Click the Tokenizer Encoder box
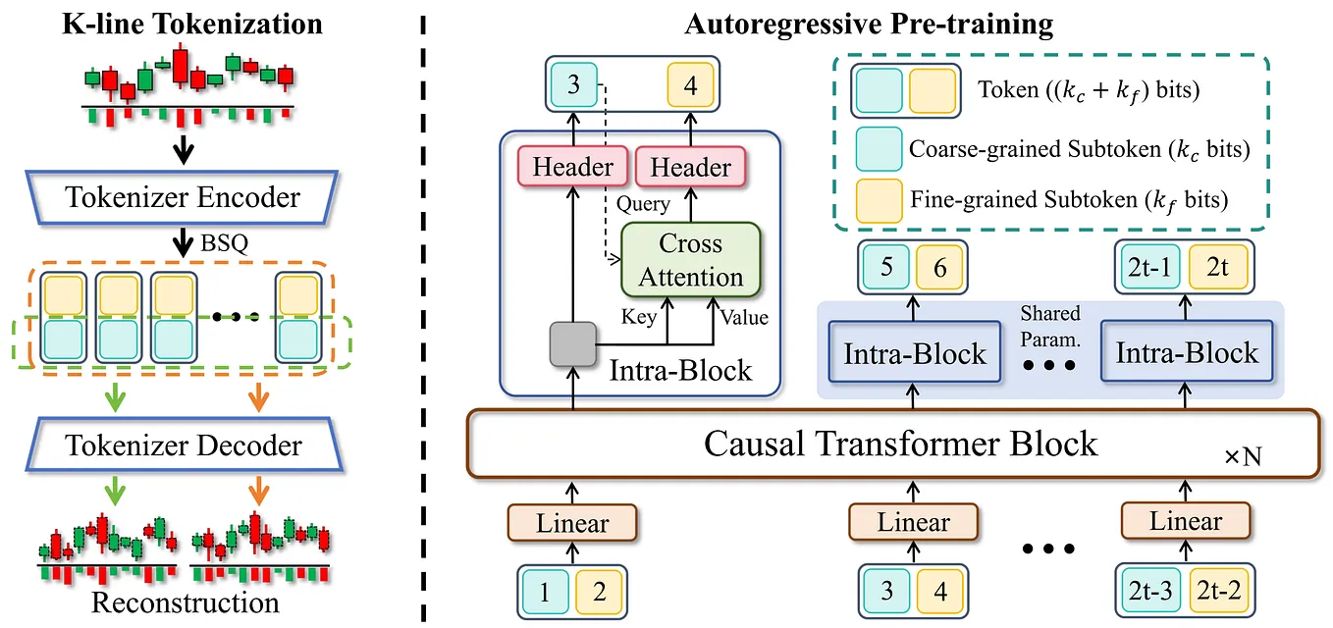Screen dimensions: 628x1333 pos(183,198)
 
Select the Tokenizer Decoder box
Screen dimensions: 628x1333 pos(183,445)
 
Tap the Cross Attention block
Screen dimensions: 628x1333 pos(690,260)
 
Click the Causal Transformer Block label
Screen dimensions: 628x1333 pos(900,444)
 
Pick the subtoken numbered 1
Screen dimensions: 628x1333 pos(545,593)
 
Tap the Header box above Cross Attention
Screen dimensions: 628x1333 pos(690,167)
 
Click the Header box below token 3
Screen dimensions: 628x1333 pos(573,167)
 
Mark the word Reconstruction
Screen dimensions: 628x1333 pos(185,602)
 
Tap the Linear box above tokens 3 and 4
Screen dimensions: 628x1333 pos(913,522)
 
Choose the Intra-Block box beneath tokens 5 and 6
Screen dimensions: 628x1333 pos(914,353)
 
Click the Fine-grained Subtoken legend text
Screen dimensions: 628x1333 pos(1069,200)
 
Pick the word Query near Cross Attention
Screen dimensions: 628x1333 pos(643,204)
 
